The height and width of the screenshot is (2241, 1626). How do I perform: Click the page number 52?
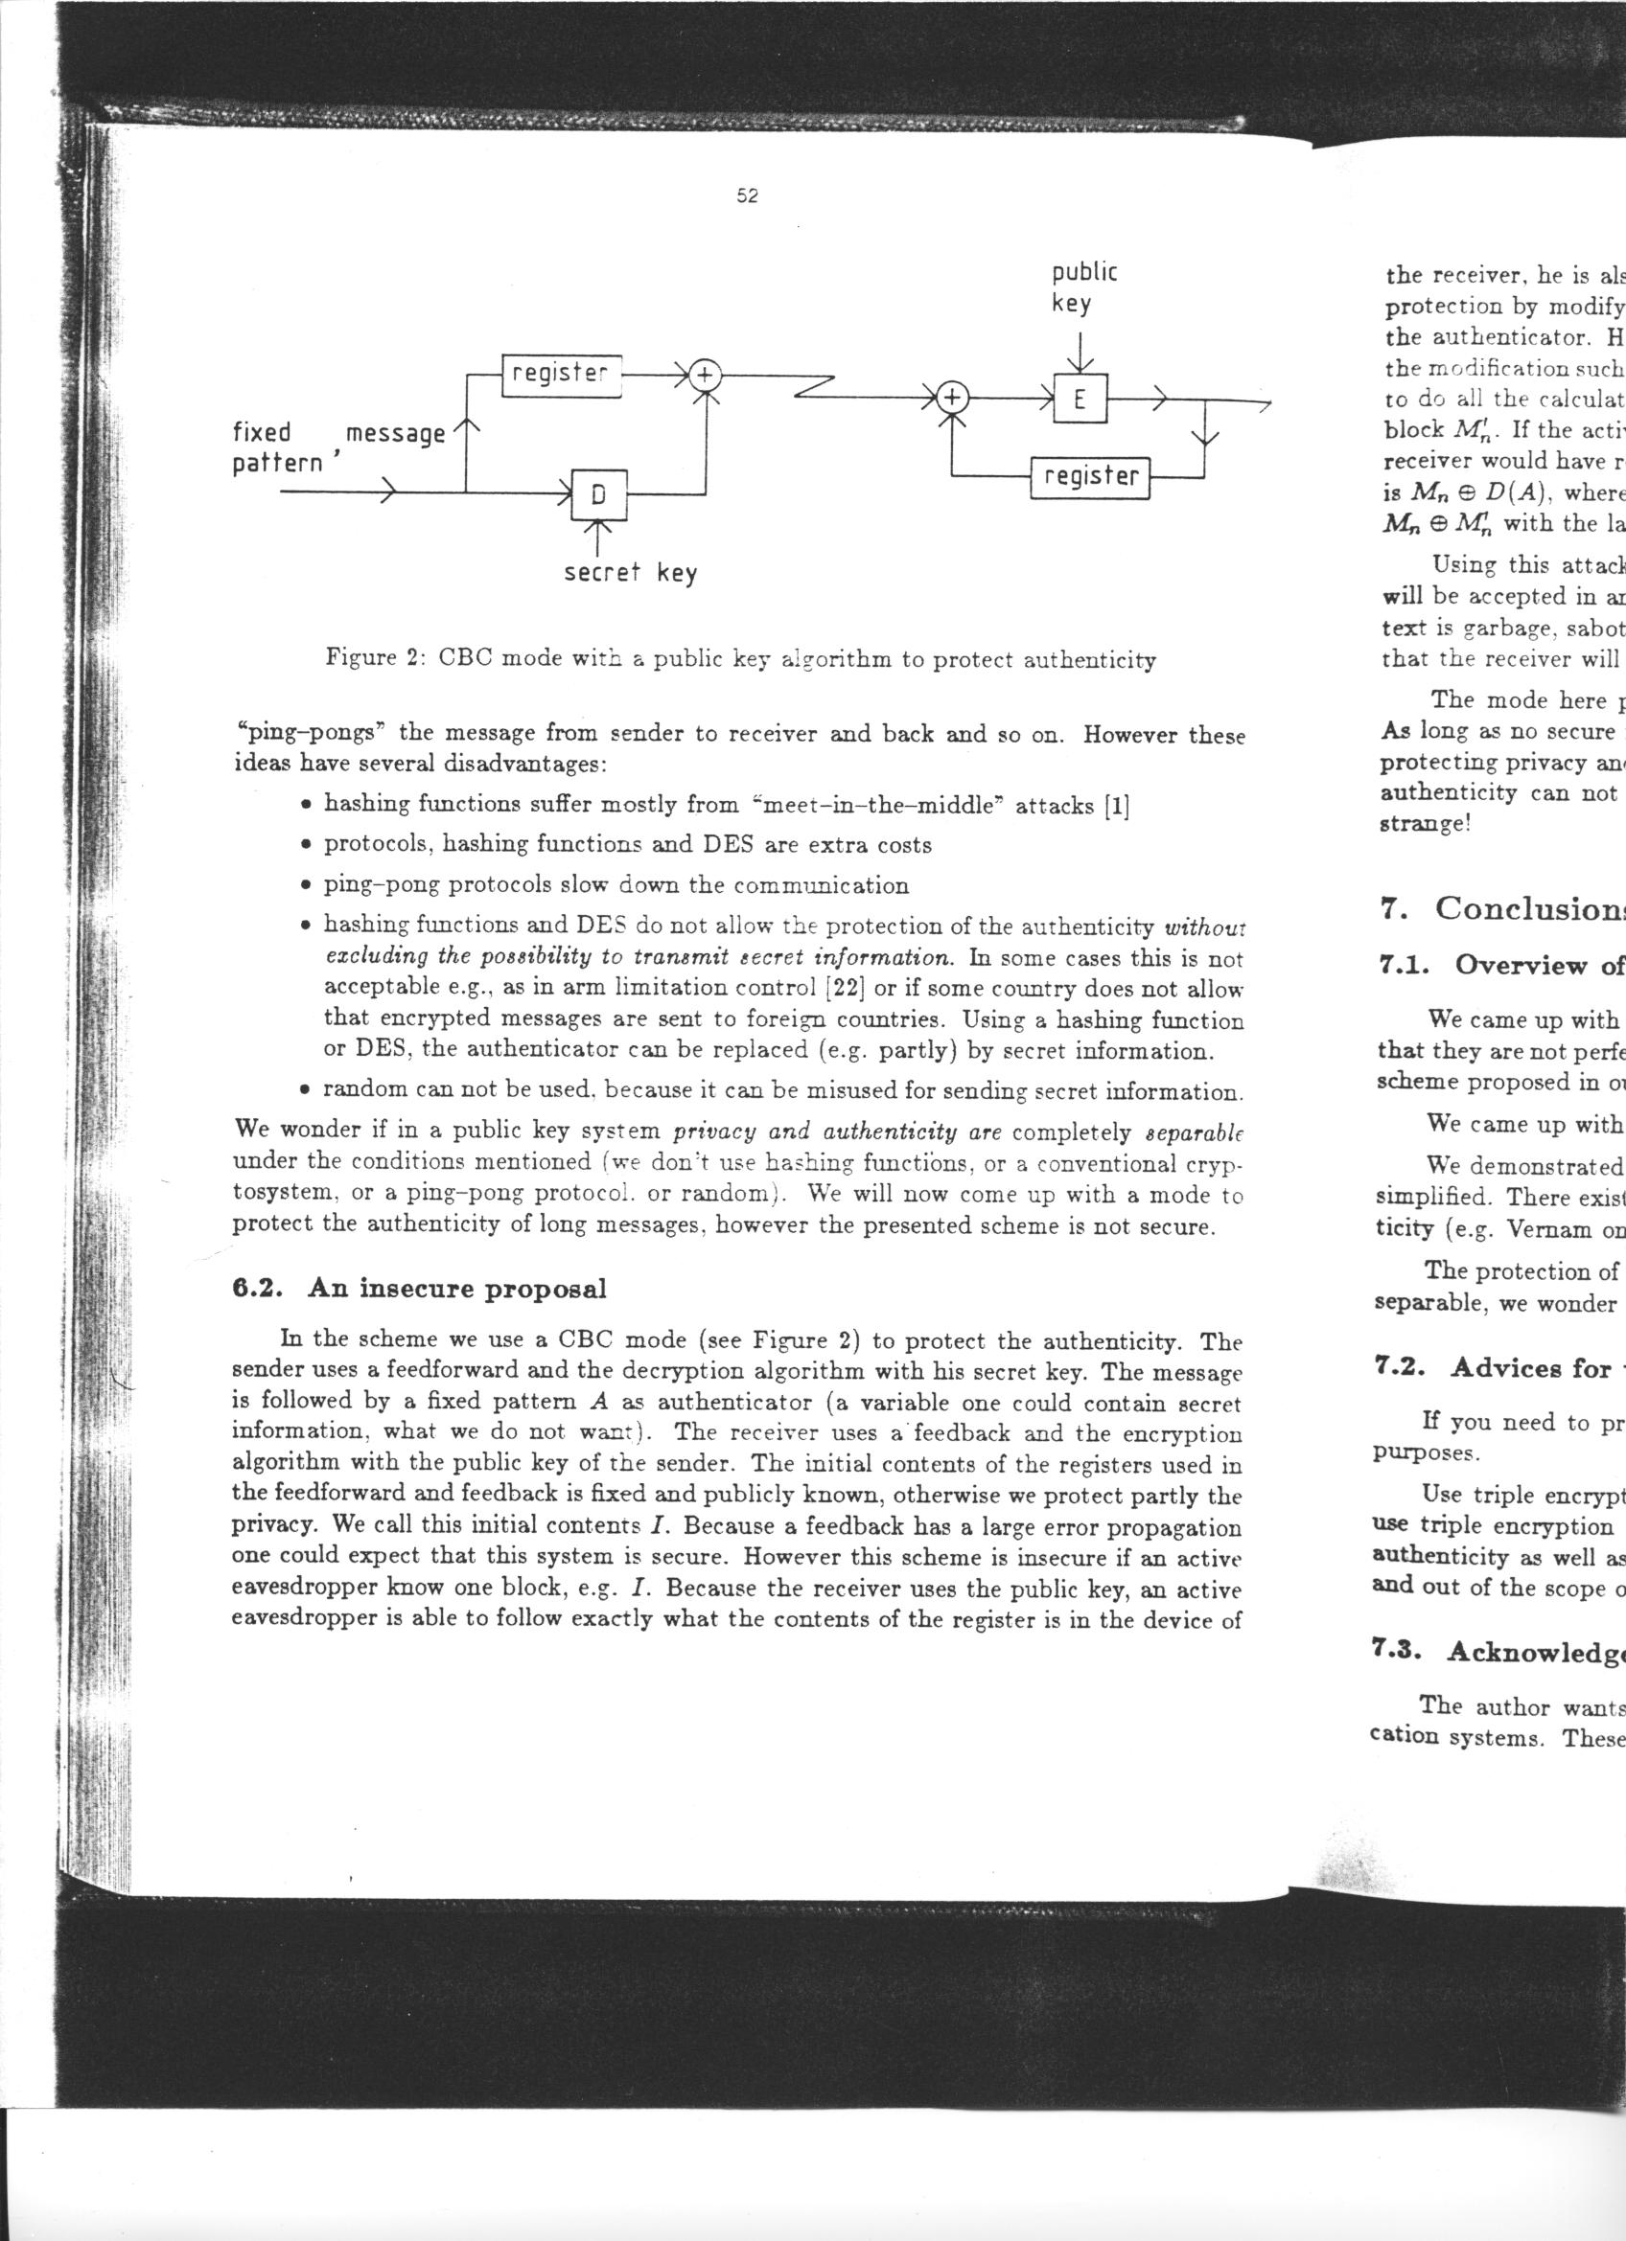(x=747, y=196)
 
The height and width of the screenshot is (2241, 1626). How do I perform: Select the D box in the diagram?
(x=598, y=497)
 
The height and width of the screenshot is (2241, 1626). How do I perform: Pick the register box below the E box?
(x=1090, y=477)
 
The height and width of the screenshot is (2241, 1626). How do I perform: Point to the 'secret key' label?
(x=630, y=573)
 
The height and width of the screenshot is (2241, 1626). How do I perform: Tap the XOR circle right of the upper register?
(x=706, y=376)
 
